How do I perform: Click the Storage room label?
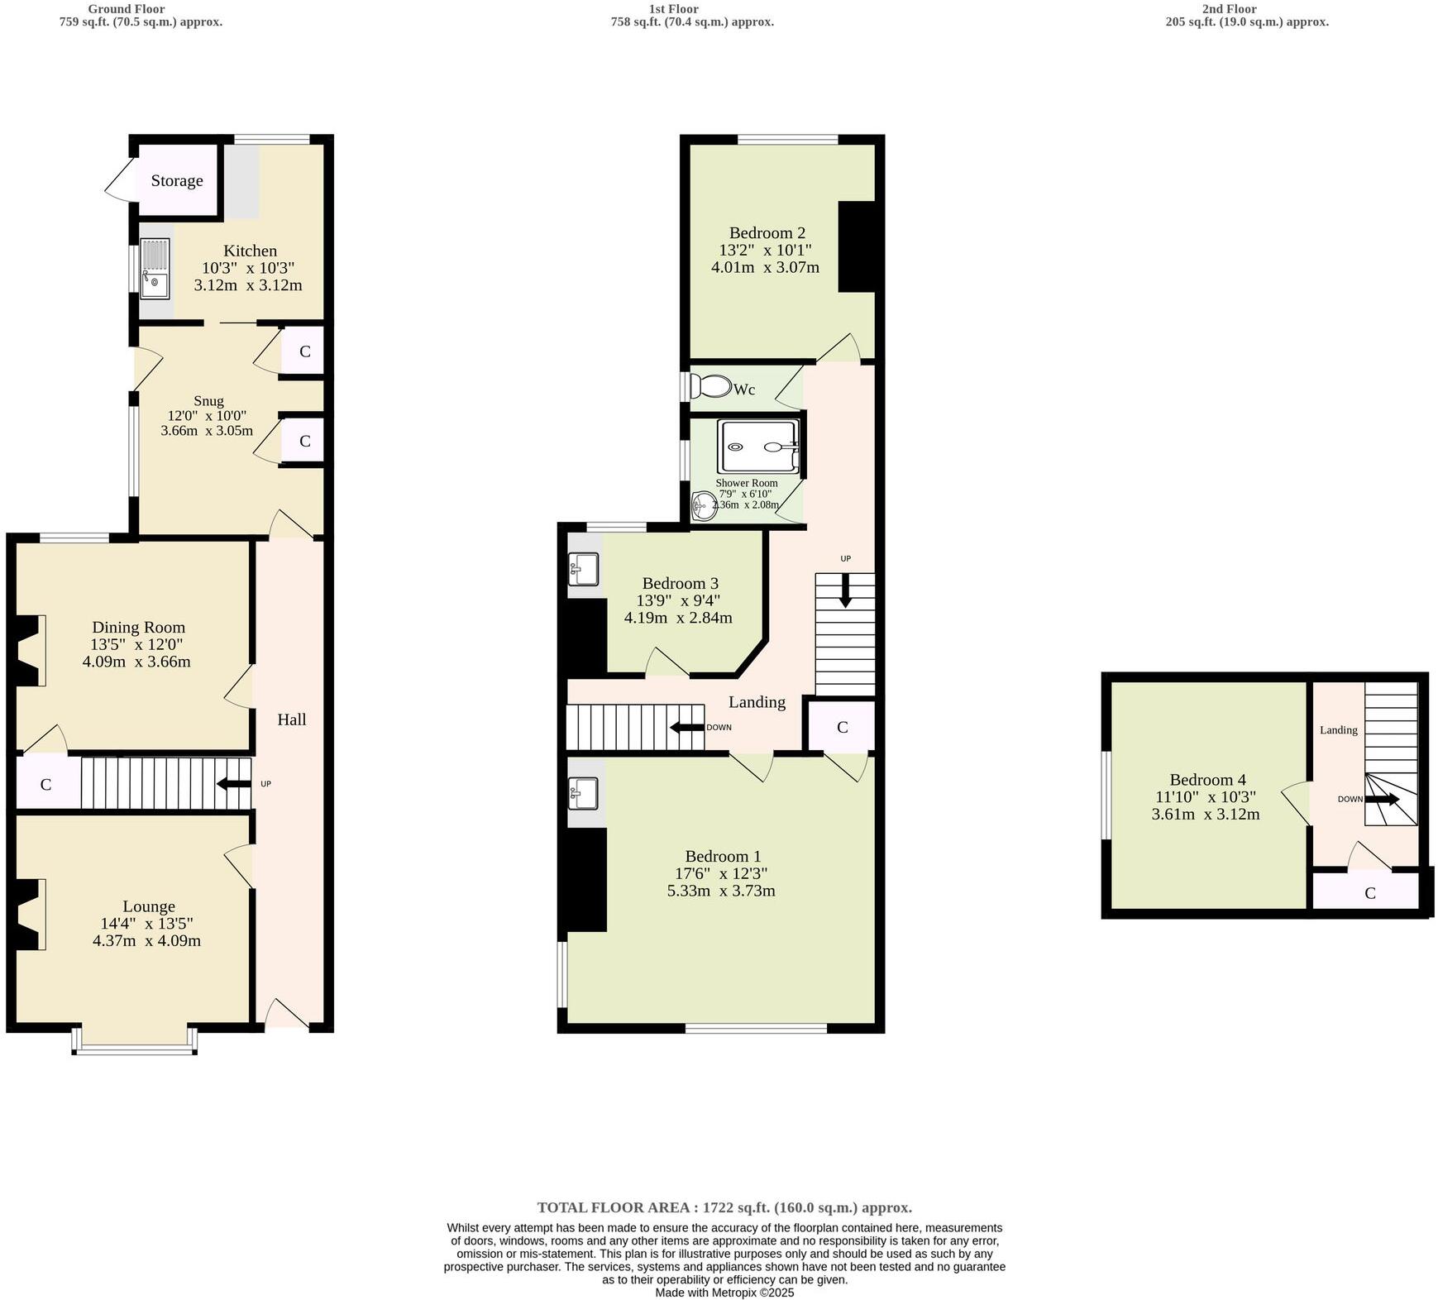(x=176, y=180)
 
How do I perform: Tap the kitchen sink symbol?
(x=155, y=269)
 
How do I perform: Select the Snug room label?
(x=208, y=401)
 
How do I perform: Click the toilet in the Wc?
(x=712, y=386)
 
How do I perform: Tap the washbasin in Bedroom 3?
(x=585, y=567)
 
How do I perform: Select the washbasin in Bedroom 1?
(x=585, y=795)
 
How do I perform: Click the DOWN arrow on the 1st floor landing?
(x=686, y=728)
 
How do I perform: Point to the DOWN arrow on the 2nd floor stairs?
(x=1382, y=800)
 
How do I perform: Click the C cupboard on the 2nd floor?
(x=1369, y=893)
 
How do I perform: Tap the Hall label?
(x=291, y=719)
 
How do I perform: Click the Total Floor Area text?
(x=724, y=1207)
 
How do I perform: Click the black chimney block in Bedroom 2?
(x=857, y=246)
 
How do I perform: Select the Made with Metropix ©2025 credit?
(x=724, y=1293)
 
